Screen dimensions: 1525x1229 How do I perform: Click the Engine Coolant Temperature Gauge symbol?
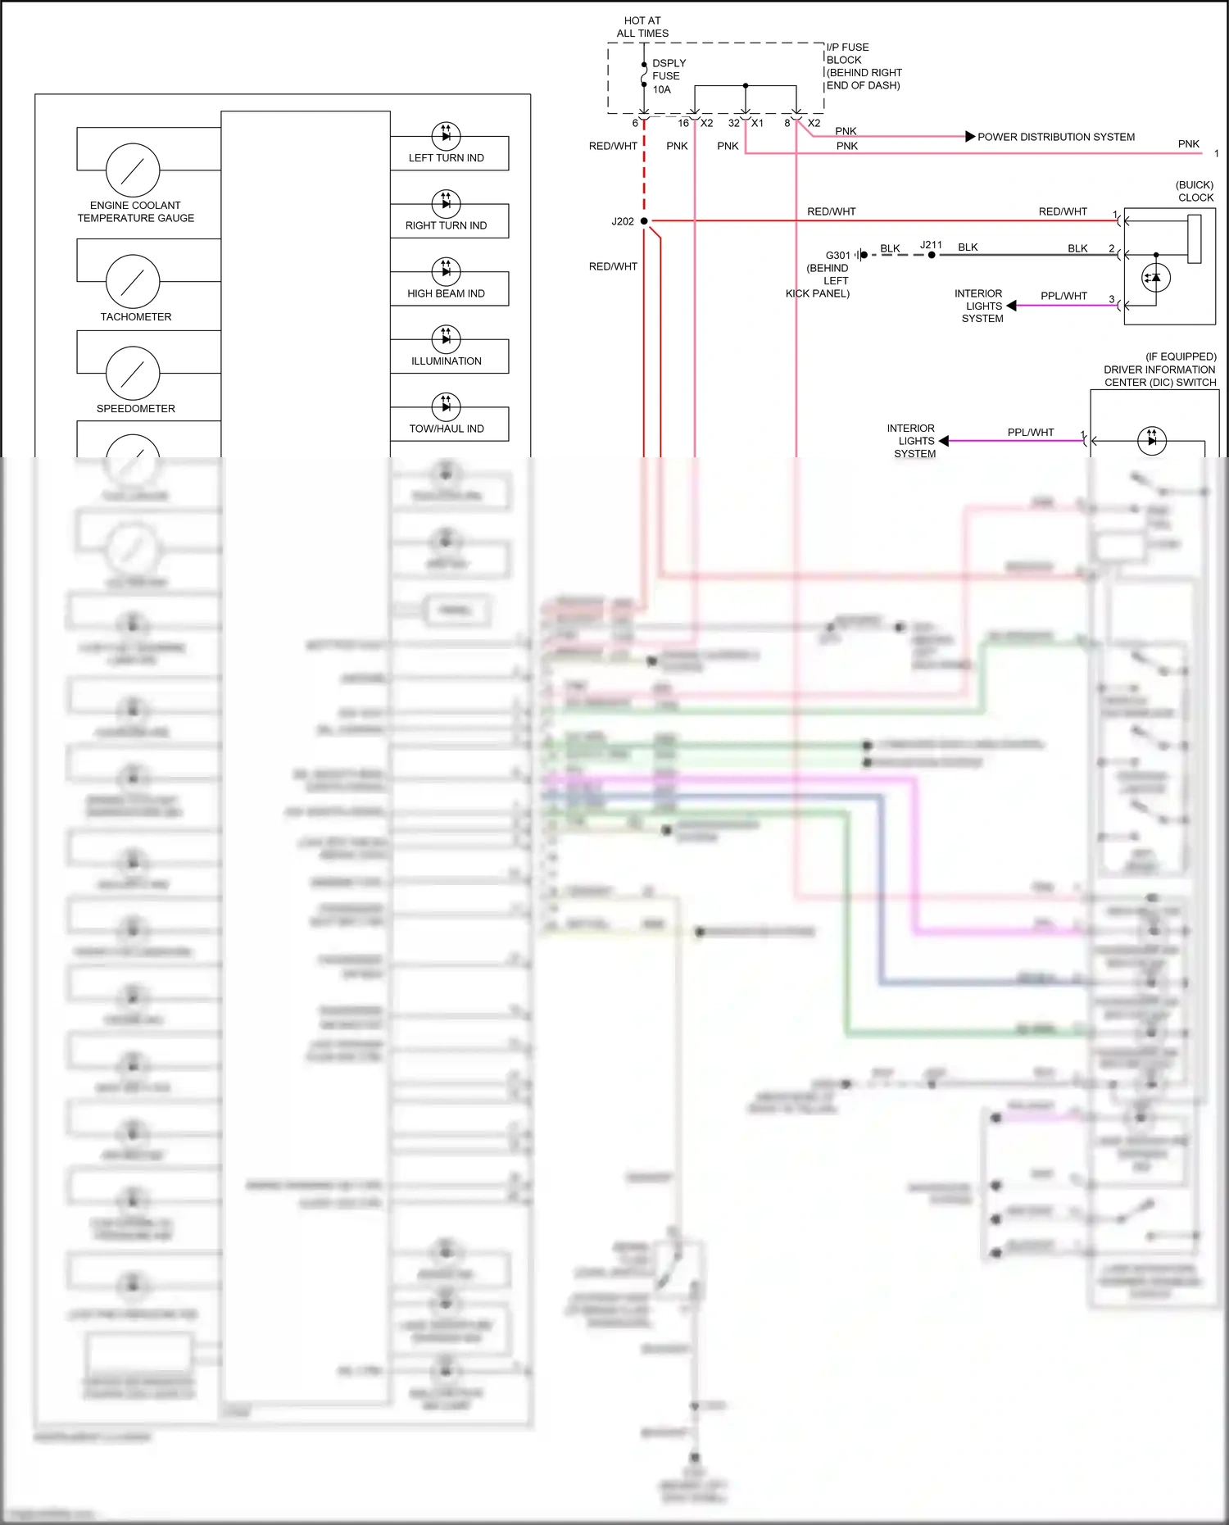[x=133, y=170]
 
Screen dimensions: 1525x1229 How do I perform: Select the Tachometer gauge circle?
[x=133, y=281]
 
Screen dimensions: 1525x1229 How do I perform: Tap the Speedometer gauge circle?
[x=133, y=373]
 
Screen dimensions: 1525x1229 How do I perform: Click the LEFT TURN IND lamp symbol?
[x=446, y=136]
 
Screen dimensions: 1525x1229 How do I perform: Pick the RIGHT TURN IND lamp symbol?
[x=446, y=203]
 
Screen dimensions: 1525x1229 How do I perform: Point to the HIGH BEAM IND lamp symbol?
[x=446, y=271]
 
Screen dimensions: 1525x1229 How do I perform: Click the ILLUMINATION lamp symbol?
[x=446, y=338]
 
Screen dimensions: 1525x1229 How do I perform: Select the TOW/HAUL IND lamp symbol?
[x=446, y=406]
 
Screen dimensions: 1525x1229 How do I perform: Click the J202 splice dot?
[x=644, y=221]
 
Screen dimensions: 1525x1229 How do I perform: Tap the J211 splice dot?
[x=932, y=255]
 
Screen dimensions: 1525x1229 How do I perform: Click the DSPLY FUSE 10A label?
[x=669, y=76]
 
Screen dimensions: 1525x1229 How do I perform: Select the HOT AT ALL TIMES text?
[x=642, y=27]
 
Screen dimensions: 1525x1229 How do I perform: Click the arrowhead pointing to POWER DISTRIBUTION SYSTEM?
[x=970, y=137]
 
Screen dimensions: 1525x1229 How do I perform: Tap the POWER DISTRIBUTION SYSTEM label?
[x=1056, y=137]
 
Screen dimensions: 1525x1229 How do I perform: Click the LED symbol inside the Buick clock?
[x=1156, y=278]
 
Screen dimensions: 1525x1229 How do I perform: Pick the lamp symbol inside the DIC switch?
[x=1152, y=441]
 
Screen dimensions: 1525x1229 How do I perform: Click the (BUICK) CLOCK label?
[x=1195, y=191]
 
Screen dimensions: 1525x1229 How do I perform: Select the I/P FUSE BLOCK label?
[x=864, y=66]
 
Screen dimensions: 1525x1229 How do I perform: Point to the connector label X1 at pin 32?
[x=757, y=123]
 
